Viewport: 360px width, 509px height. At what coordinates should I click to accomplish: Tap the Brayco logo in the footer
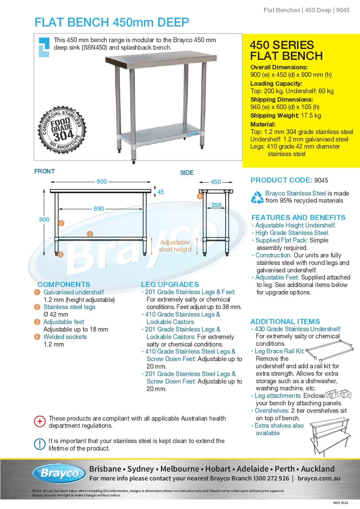[x=60, y=473]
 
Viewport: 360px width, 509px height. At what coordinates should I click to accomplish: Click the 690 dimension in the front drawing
[x=99, y=209]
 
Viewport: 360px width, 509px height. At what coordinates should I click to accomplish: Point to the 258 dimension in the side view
[x=216, y=205]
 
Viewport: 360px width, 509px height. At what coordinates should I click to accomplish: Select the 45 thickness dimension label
[x=160, y=192]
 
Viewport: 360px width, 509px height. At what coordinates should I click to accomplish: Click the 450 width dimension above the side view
[x=216, y=182]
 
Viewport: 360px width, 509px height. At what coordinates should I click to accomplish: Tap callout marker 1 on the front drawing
[x=90, y=234]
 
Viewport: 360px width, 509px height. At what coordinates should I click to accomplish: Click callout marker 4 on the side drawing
[x=200, y=196]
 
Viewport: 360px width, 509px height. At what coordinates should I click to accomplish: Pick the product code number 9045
[x=321, y=180]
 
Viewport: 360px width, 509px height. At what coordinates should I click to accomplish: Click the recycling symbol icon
[x=257, y=197]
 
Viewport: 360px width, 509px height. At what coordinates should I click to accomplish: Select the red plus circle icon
[x=40, y=422]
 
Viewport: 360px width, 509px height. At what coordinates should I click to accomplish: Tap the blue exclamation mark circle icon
[x=40, y=444]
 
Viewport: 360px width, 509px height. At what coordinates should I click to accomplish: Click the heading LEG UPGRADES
[x=170, y=284]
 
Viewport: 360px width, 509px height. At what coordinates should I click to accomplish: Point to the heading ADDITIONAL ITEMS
[x=285, y=321]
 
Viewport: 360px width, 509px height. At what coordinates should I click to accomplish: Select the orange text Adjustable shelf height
[x=175, y=246]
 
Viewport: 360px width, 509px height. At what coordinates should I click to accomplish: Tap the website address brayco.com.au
[x=319, y=478]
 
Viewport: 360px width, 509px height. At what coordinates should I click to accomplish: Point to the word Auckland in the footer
[x=318, y=469]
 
